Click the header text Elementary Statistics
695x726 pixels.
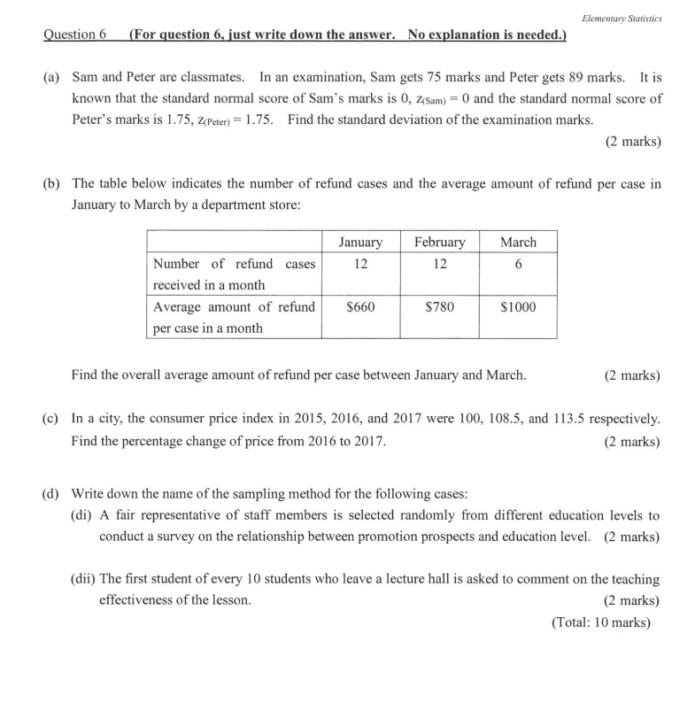tap(623, 18)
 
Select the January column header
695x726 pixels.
tap(360, 242)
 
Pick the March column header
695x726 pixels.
tap(518, 242)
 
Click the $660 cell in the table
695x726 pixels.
tap(360, 307)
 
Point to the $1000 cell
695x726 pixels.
tap(518, 307)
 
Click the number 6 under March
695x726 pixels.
tap(518, 264)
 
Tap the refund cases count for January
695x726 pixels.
tap(360, 264)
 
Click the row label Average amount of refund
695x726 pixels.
tap(234, 307)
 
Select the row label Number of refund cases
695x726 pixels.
tap(234, 264)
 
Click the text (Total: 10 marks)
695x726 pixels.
tap(601, 622)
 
